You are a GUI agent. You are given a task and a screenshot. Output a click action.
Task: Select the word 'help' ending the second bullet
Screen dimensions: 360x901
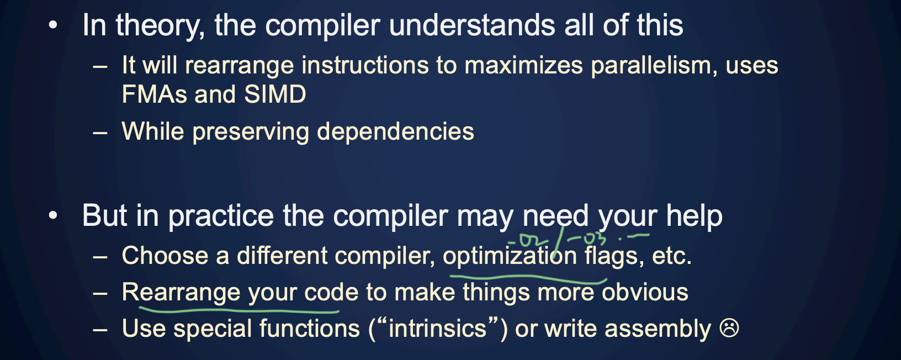[x=694, y=216]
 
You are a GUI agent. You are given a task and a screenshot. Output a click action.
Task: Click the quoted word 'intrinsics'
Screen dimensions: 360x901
[x=437, y=329]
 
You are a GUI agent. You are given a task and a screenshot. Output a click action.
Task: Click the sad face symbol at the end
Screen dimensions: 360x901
[x=729, y=329]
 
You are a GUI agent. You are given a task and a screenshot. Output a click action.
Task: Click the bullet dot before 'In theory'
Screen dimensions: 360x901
[x=53, y=25]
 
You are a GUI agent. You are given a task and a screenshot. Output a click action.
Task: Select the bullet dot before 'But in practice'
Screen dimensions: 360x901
[x=53, y=216]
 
